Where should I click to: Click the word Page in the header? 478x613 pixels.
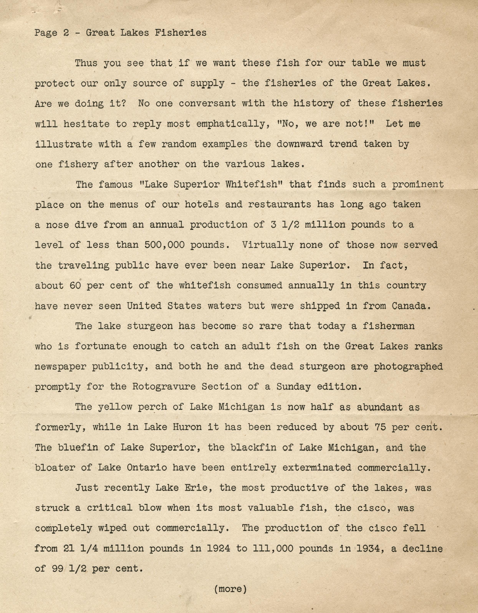46,33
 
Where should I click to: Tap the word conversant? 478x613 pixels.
207,103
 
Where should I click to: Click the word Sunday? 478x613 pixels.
293,386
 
